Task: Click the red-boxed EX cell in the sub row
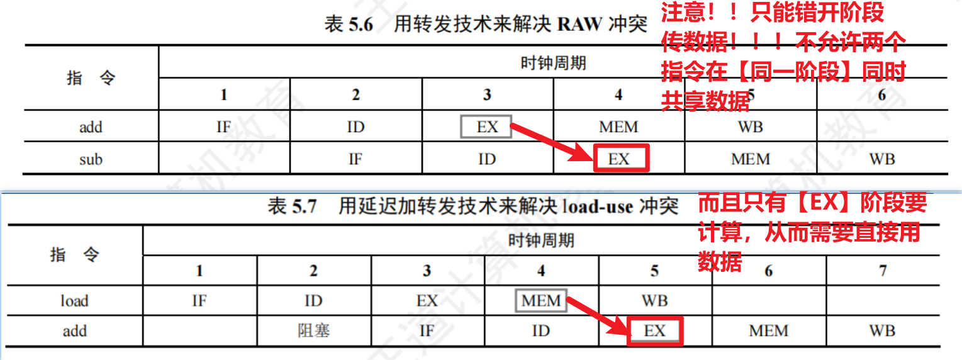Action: click(620, 159)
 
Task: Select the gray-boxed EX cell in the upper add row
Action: click(486, 127)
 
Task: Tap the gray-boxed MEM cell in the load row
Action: click(540, 301)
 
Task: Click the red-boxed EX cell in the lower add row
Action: click(654, 331)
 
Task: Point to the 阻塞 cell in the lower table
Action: click(313, 331)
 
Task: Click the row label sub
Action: click(91, 159)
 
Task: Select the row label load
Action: click(74, 301)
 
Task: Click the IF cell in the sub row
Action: click(355, 159)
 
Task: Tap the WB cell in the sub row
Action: click(881, 159)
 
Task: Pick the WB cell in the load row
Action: click(654, 301)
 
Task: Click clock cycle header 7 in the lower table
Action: click(883, 271)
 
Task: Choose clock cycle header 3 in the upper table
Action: click(487, 94)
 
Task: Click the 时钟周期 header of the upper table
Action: click(554, 63)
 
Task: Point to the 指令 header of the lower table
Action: click(74, 255)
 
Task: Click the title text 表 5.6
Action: click(348, 25)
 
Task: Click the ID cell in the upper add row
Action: click(355, 127)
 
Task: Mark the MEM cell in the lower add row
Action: click(768, 331)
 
